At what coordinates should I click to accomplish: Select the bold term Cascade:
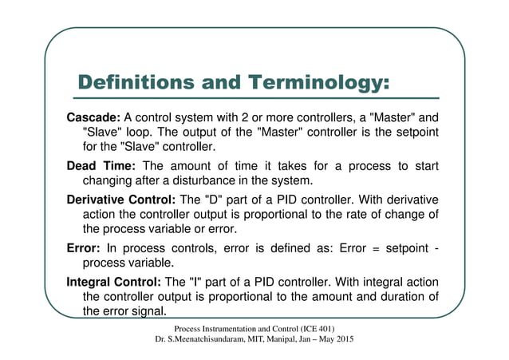click(x=93, y=119)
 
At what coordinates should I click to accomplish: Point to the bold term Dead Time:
click(x=101, y=165)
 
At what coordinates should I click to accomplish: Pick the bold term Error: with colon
click(x=83, y=247)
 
